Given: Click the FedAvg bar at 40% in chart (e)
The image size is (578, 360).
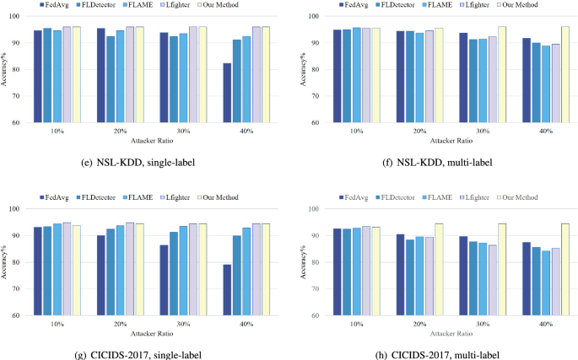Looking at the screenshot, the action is [227, 93].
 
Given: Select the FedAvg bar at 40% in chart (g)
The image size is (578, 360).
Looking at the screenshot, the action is [227, 290].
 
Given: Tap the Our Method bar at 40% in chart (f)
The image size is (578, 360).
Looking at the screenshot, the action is [564, 74].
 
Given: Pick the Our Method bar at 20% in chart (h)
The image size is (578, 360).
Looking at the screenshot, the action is [439, 269].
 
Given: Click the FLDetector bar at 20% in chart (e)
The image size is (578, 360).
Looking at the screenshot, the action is [111, 79].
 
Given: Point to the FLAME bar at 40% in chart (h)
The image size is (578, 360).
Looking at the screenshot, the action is [546, 283].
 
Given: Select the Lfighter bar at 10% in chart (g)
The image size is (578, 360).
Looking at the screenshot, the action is [67, 269].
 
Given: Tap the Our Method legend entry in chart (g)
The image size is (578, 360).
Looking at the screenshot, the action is [219, 197].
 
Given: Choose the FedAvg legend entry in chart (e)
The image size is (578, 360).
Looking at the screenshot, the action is [54, 5].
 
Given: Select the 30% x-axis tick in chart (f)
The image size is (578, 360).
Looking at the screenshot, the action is [483, 131].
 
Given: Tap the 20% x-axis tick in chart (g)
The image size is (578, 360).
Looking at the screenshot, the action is [120, 324].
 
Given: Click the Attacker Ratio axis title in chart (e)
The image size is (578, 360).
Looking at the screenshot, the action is [152, 141].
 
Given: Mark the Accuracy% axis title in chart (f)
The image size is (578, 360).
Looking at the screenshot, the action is [303, 69].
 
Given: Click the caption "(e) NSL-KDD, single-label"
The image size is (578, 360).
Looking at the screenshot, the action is [138, 162].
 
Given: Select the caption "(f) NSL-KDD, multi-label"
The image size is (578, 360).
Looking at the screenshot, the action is [437, 162].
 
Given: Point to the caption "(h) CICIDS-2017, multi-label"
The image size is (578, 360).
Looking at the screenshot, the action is [437, 355].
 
